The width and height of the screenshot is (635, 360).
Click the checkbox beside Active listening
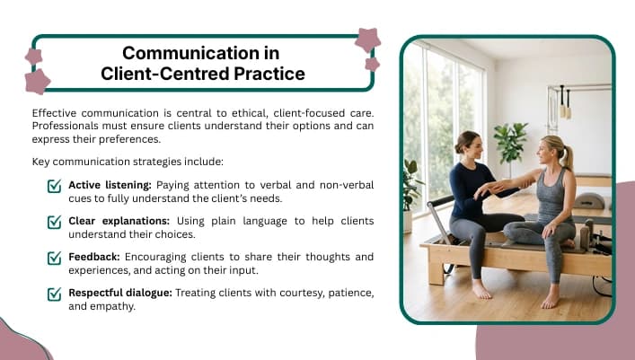point(54,186)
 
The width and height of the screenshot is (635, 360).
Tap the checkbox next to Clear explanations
point(54,222)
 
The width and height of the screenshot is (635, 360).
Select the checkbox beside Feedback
point(54,258)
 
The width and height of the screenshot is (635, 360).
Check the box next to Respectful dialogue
point(54,294)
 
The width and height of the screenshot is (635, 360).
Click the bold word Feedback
point(94,257)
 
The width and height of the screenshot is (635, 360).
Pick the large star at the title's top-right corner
point(367,40)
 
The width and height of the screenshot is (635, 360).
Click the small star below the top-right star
point(372,64)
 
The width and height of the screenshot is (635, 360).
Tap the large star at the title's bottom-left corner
point(37,82)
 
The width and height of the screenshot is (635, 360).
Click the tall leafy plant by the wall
point(510,144)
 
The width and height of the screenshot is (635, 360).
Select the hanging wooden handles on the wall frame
point(565,102)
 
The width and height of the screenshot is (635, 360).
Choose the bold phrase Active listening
point(110,185)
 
